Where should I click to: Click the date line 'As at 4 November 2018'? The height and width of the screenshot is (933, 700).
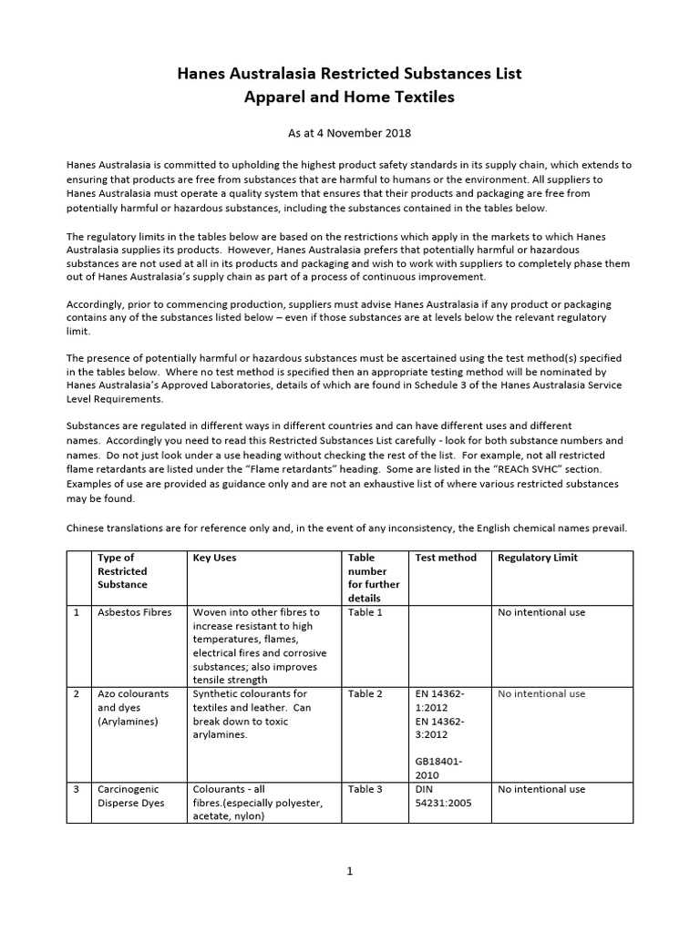coord(350,133)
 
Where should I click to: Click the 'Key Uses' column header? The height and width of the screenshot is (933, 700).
coord(214,558)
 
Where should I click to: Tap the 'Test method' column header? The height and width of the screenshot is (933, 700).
coord(445,558)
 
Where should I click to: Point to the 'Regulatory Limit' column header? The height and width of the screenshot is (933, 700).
coord(538,558)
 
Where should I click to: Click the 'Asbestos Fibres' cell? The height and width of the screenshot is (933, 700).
coord(134,612)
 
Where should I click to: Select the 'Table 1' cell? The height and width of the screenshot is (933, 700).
coord(365,612)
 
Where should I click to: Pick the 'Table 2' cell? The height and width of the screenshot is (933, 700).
coord(365,693)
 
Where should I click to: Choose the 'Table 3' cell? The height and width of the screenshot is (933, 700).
coord(365,789)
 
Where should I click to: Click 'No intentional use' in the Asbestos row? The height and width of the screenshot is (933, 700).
coord(541,612)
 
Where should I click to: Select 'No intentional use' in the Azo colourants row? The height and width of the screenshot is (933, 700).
coord(541,693)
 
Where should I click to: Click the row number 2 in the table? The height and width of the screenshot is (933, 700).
coord(77,693)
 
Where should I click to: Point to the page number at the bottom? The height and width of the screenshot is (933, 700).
coord(349,871)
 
